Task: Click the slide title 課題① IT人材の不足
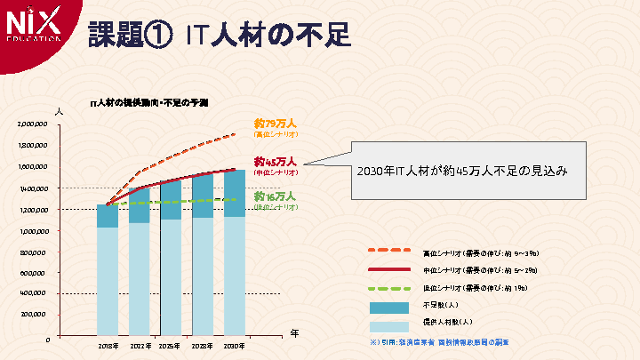tap(219, 35)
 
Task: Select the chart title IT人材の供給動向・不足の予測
tap(149, 103)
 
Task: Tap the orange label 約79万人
tap(275, 124)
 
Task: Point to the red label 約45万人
tap(275, 162)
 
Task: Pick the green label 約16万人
tap(275, 196)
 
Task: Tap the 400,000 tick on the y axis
tap(34, 292)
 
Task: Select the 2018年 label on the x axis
tap(108, 345)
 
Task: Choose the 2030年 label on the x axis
tap(235, 345)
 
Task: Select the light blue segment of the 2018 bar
tap(108, 280)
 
